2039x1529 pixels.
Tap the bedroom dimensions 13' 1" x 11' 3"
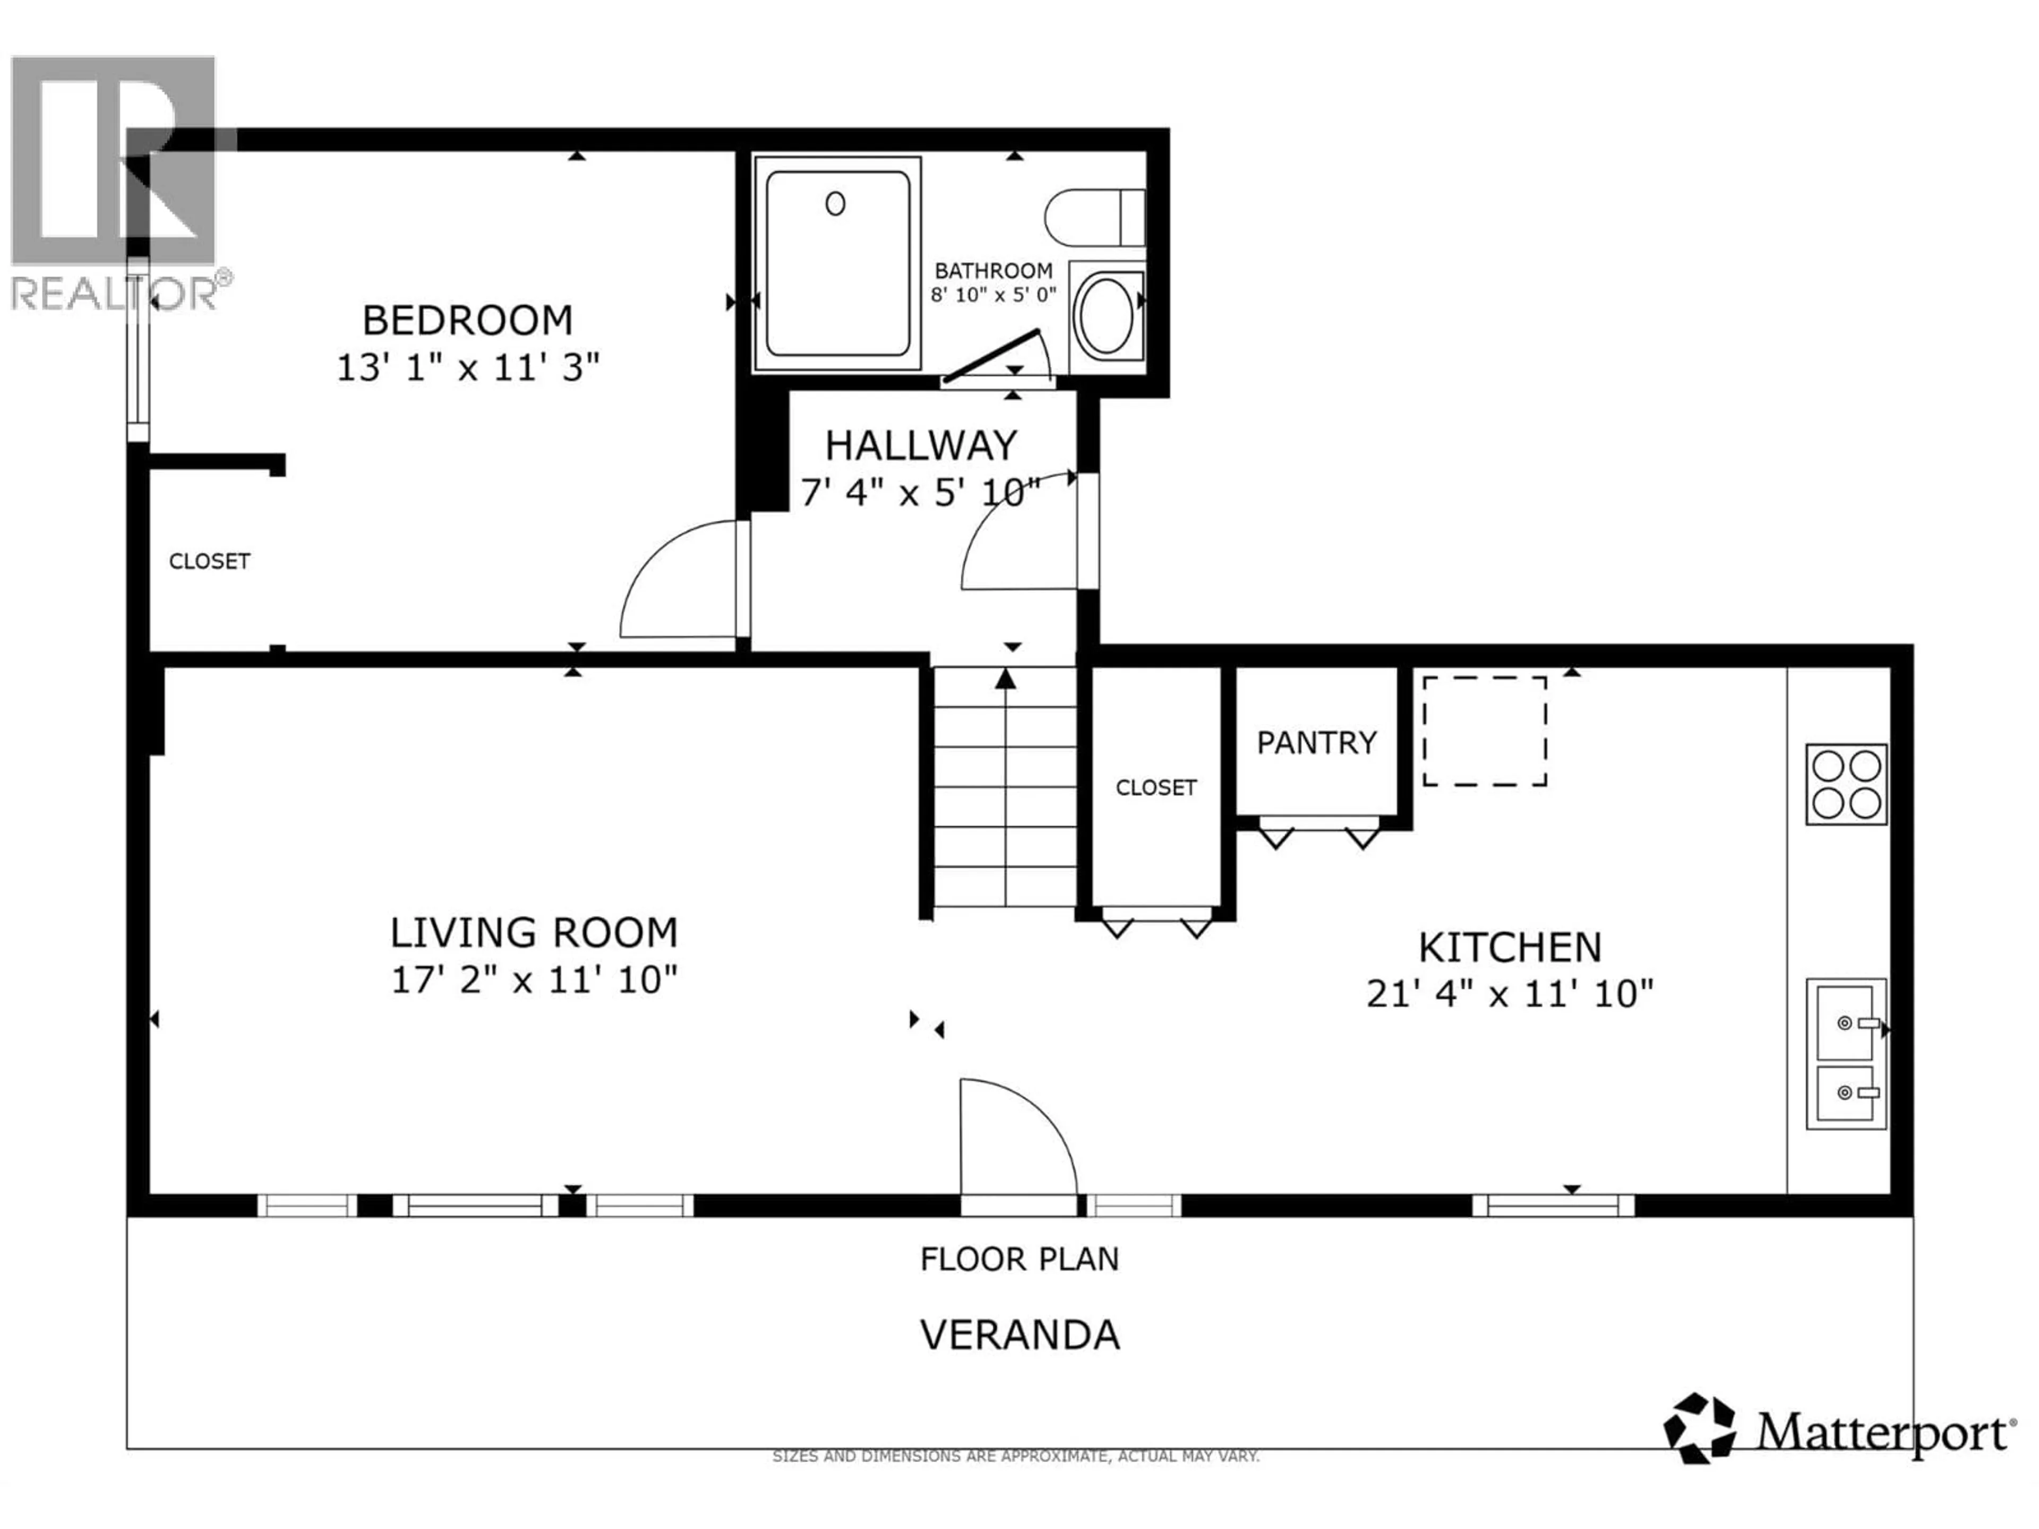coord(467,368)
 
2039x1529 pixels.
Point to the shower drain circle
coord(835,204)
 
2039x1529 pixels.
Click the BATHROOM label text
coord(993,271)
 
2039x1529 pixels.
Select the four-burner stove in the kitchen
coord(1845,784)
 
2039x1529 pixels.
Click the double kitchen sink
coord(1845,1053)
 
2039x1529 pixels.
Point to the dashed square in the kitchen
coord(1484,732)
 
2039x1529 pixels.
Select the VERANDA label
coord(1019,1335)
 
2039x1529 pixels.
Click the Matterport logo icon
coord(1699,1429)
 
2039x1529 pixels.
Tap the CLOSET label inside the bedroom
coord(209,561)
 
